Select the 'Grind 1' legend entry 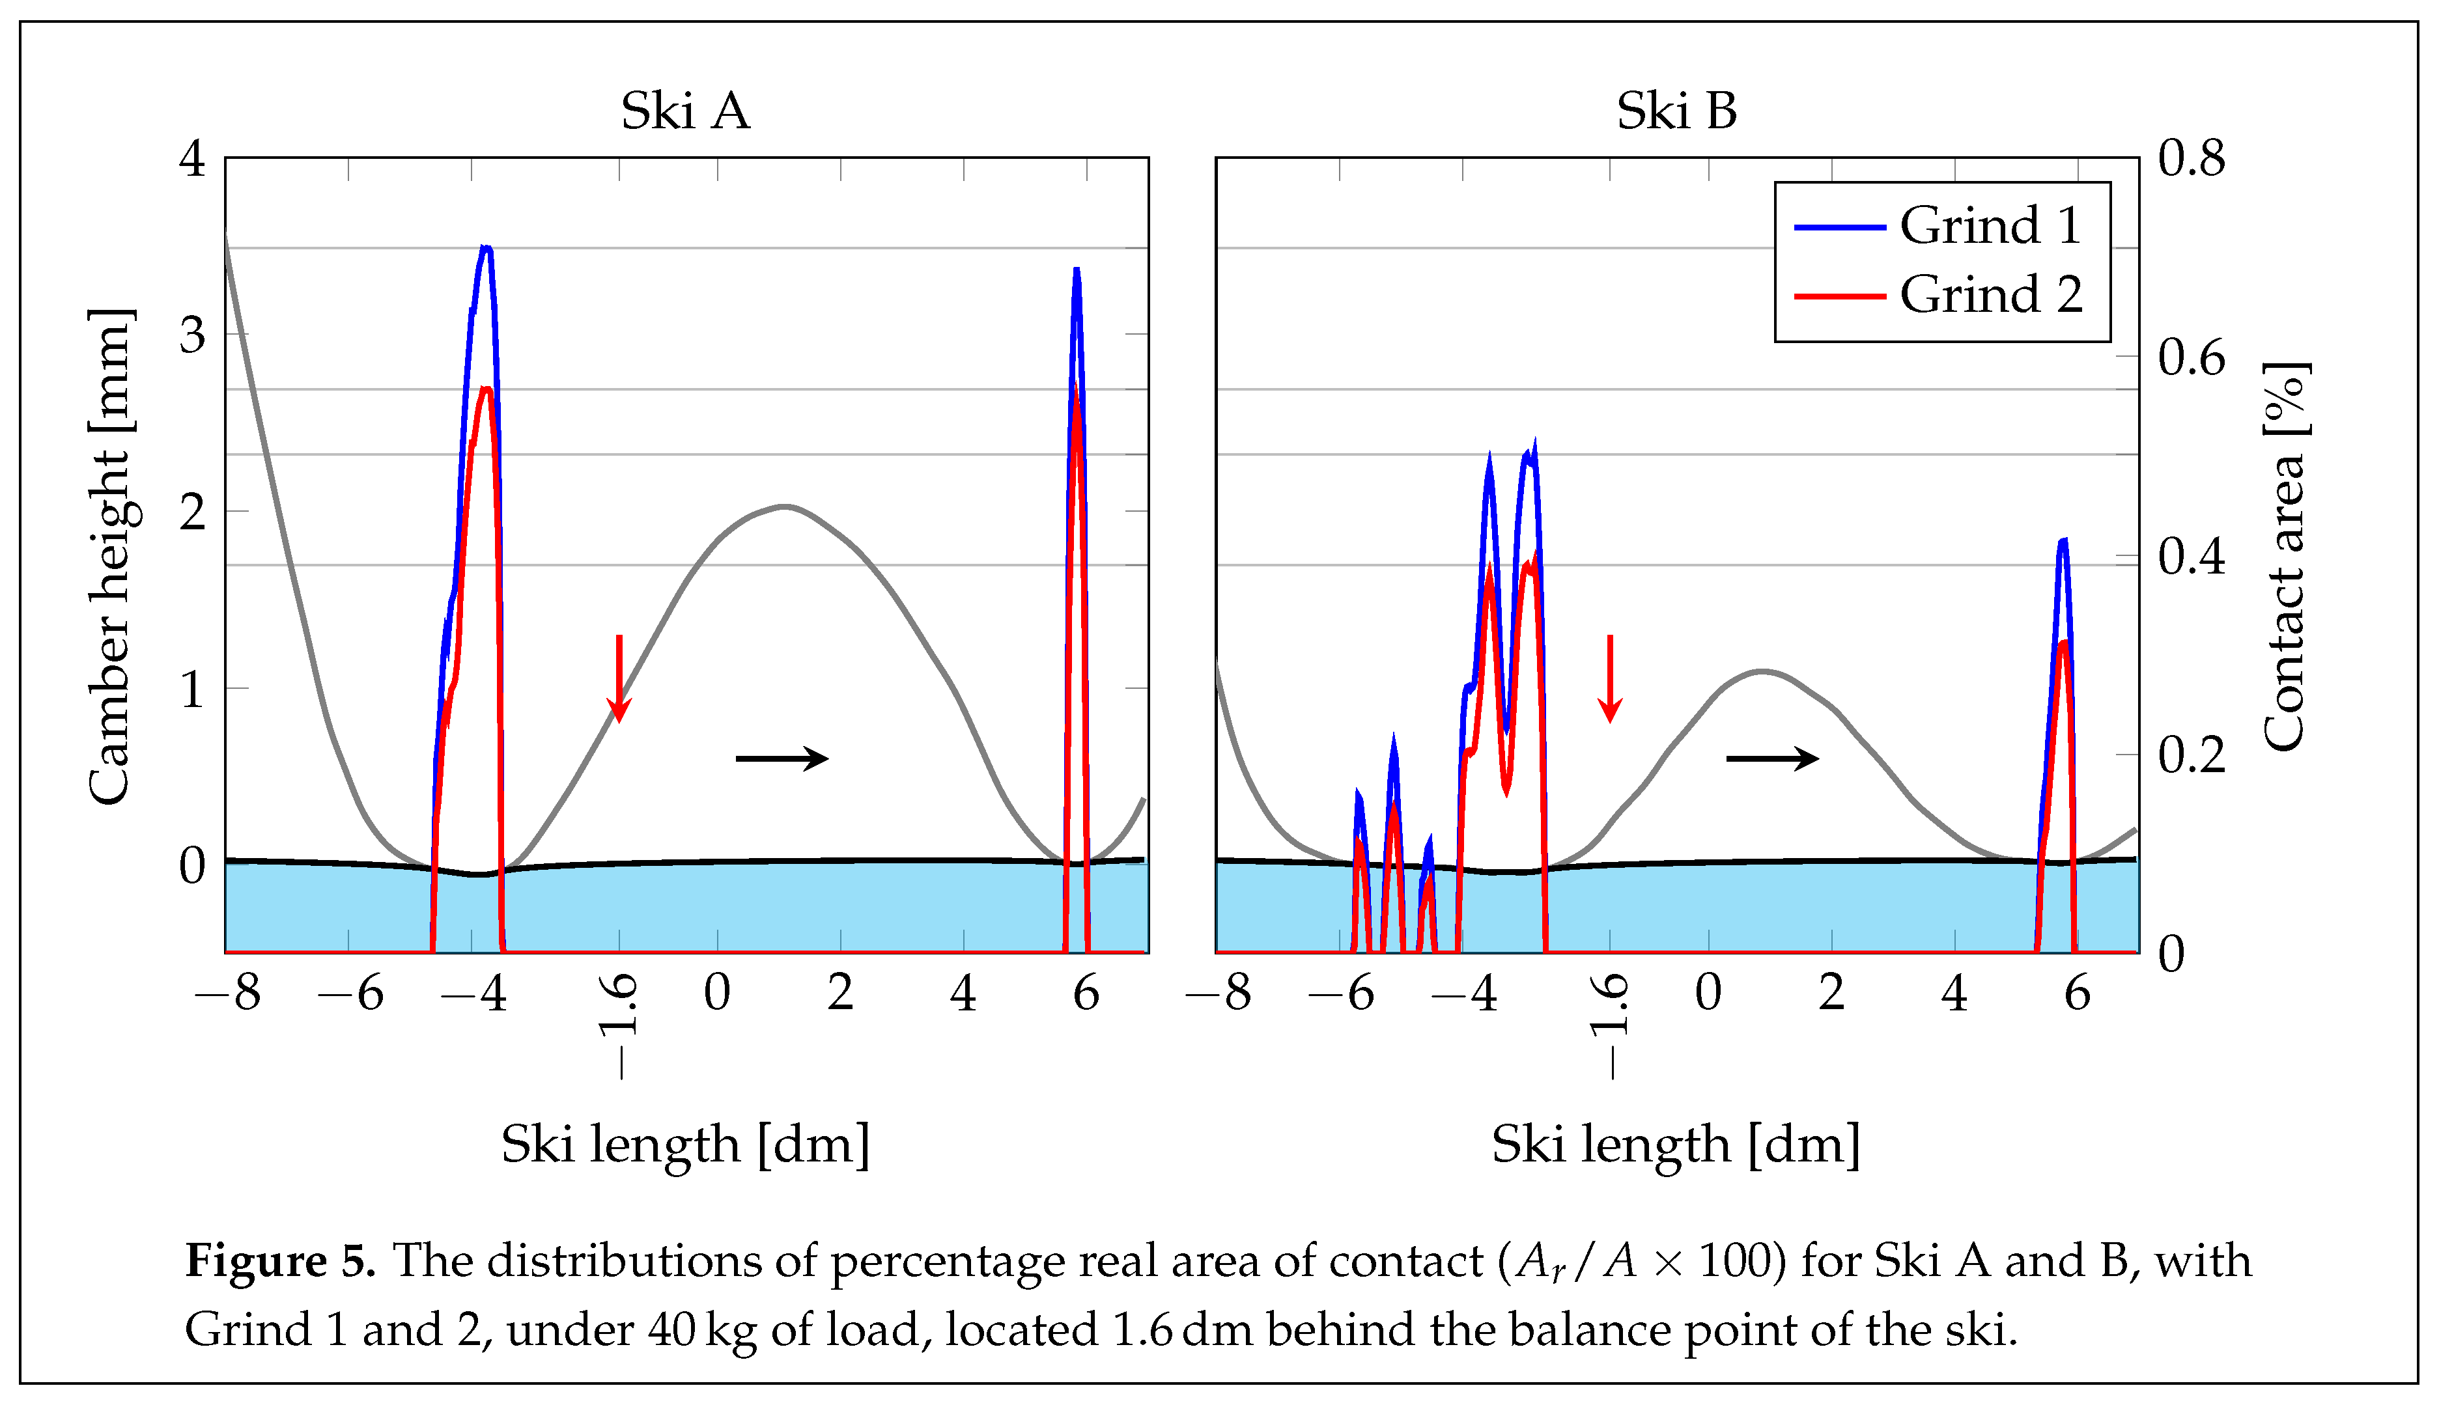click(x=1989, y=227)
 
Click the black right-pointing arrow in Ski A click(x=781, y=758)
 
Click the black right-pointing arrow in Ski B click(x=1771, y=758)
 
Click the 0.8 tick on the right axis click(x=2190, y=158)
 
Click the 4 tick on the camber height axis click(x=191, y=158)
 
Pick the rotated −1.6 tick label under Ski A click(x=617, y=1025)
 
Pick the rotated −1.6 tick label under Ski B click(x=1609, y=1025)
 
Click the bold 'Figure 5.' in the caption click(x=279, y=1260)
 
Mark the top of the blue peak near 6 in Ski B click(x=2062, y=540)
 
